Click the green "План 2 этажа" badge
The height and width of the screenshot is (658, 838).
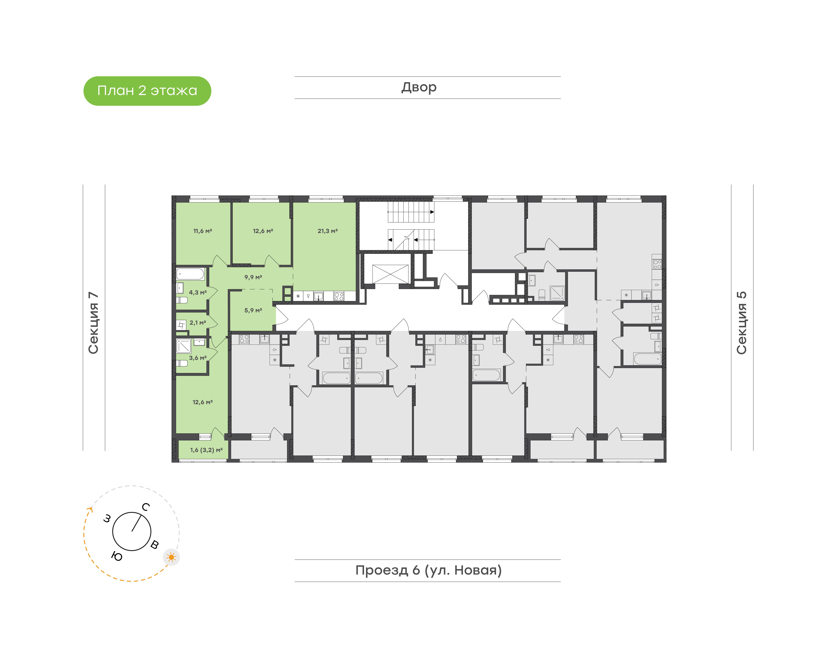click(147, 91)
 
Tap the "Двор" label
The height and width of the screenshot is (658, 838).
click(419, 87)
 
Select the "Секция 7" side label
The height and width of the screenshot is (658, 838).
click(94, 323)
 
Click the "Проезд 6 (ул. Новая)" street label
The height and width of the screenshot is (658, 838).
click(428, 570)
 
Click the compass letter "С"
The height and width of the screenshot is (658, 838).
click(146, 507)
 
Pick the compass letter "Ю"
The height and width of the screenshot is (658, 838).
click(117, 556)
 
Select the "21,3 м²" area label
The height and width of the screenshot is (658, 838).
click(328, 231)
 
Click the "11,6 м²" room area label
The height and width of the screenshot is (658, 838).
click(203, 231)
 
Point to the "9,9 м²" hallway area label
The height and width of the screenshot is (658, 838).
click(253, 277)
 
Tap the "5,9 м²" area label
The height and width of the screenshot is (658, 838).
click(253, 311)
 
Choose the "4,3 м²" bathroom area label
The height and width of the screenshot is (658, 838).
click(197, 293)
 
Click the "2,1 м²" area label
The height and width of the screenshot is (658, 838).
click(197, 323)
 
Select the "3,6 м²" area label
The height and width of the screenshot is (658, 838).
click(197, 358)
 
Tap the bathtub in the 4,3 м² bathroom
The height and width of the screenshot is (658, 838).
click(190, 274)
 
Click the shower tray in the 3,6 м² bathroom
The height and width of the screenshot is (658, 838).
click(184, 346)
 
